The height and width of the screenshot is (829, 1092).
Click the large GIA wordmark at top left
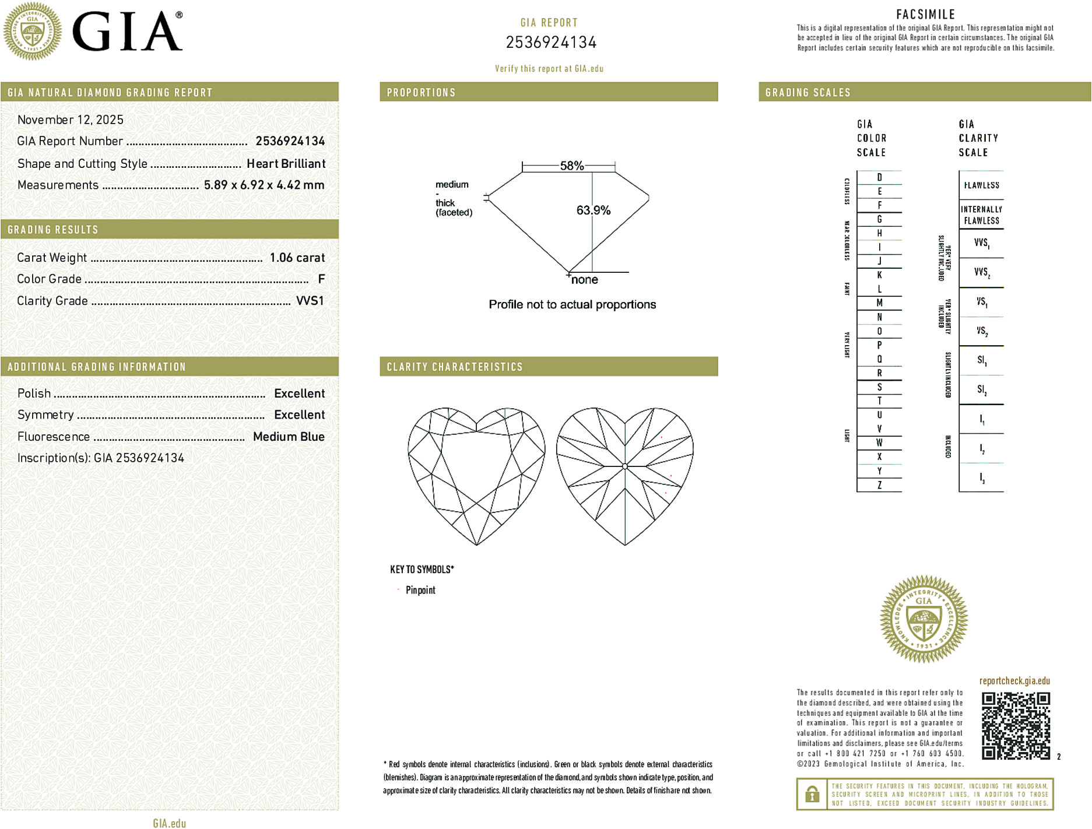coord(127,33)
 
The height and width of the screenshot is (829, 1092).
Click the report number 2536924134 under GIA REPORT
coord(551,43)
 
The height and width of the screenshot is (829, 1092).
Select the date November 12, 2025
coord(71,120)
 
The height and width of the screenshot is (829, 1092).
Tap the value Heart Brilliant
coord(286,164)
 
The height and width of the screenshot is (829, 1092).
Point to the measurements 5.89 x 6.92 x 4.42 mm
coord(264,185)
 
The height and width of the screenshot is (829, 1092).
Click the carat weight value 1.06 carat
coord(297,258)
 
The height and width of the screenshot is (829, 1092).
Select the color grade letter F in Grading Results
coord(321,279)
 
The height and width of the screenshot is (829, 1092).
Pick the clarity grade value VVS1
coord(310,301)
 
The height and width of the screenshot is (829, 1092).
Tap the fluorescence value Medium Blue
coord(289,437)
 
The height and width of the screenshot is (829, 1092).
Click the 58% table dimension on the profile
coord(571,166)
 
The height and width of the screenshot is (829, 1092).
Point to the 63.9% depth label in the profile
coord(593,210)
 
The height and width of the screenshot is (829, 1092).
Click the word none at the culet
coord(584,280)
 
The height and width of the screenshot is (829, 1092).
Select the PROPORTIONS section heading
coord(421,93)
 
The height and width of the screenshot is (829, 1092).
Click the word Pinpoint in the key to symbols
coord(420,590)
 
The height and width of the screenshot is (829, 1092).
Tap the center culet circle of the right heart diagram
coord(625,466)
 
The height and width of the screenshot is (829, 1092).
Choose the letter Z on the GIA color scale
coord(879,485)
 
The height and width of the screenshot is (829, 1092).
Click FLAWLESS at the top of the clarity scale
coord(981,185)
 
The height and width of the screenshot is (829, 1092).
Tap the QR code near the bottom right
coord(1015,725)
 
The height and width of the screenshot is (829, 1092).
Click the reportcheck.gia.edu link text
coord(1014,681)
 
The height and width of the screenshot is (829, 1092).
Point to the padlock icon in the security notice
coord(812,794)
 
